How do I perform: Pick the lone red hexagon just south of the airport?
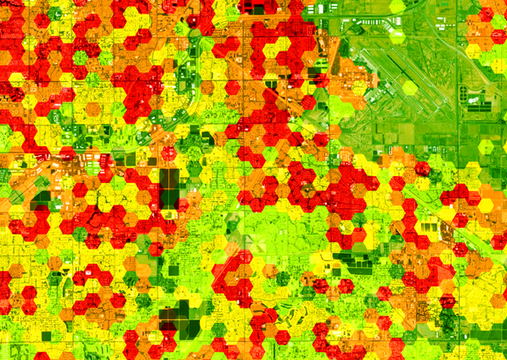[x=421, y=168]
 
